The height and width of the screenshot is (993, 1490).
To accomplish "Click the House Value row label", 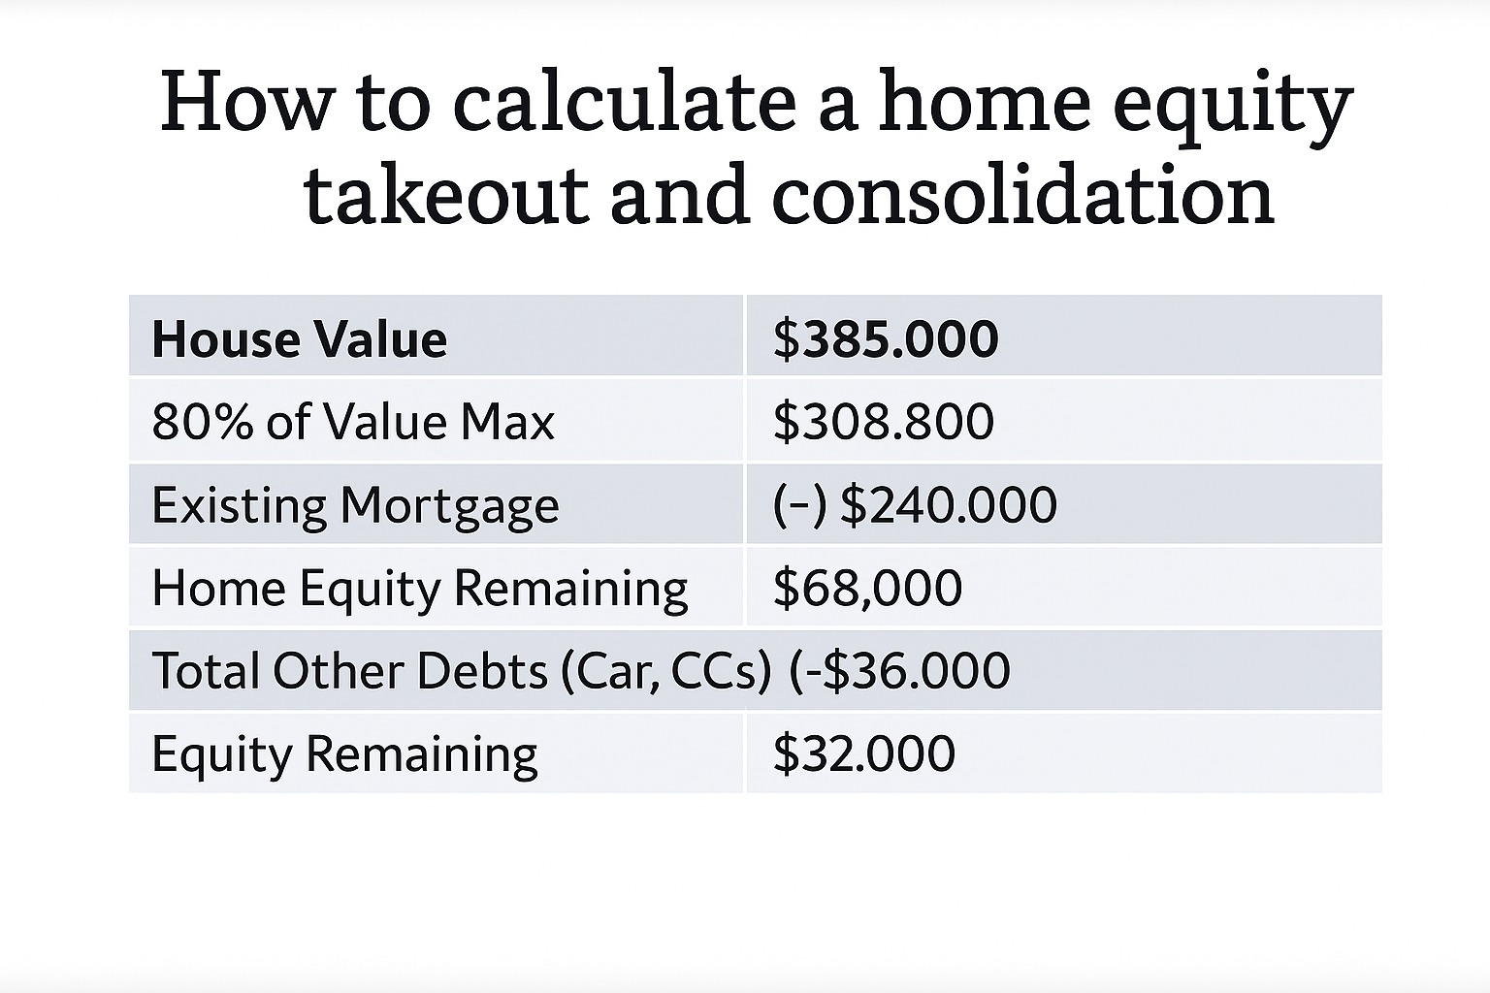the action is [x=300, y=339].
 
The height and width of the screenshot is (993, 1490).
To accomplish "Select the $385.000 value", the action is [x=886, y=339].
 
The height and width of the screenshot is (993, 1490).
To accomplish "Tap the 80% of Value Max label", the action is [x=352, y=422].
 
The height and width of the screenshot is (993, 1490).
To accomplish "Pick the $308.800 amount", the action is [x=884, y=422].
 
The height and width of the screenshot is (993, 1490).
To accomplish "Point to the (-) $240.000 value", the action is [x=915, y=505].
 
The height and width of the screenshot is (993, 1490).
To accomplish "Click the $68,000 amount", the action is [x=867, y=588].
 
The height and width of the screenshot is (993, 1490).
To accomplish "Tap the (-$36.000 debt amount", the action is [x=899, y=670].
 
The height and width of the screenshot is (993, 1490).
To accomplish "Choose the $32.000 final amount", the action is [x=864, y=753].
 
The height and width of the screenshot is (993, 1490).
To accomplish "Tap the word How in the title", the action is [x=245, y=103].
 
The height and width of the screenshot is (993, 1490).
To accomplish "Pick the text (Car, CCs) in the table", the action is [x=666, y=670].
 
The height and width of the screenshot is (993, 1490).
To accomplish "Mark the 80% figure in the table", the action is [x=202, y=422].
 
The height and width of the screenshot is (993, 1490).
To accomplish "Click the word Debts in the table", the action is [x=481, y=670].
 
